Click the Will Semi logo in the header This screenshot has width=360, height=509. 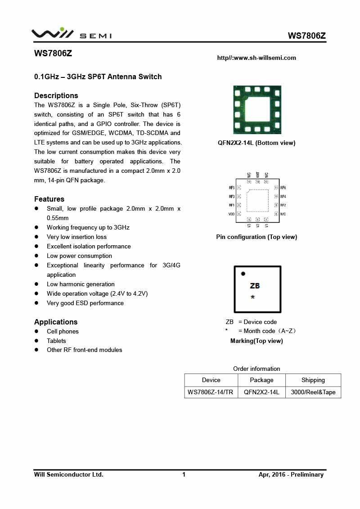point(71,34)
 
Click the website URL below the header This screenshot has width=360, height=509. point(256,58)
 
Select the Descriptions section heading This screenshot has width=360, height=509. point(56,95)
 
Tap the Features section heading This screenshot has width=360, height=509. point(49,199)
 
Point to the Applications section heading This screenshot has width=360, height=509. point(56,322)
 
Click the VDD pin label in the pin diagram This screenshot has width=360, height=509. point(231,214)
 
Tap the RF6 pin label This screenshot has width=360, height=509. point(283,188)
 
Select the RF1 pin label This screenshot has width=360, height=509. point(231,205)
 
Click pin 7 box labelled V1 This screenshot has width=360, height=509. point(266,220)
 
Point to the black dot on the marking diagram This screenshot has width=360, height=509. point(243,274)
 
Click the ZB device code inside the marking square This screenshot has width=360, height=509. point(255,286)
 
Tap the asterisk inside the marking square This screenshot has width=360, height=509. point(253,297)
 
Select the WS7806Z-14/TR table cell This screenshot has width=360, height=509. point(211,392)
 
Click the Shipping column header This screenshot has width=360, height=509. point(313,380)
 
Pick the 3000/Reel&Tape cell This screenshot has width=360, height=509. point(313,392)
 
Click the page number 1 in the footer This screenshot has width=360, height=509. point(184,474)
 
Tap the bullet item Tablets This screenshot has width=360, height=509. point(56,341)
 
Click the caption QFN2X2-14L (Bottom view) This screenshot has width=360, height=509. point(256,143)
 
